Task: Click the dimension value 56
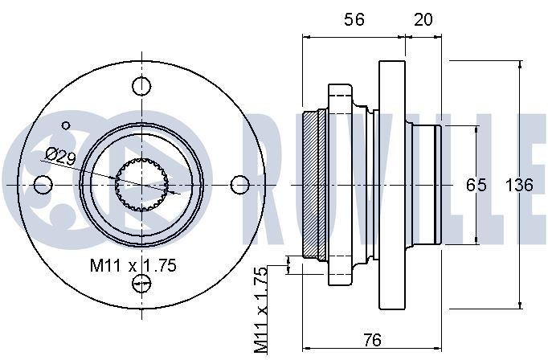(x=354, y=19)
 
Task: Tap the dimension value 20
(x=421, y=19)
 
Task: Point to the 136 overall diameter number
(x=518, y=185)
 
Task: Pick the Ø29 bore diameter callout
(x=60, y=155)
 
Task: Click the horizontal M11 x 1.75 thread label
(x=133, y=264)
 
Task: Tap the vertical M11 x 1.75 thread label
(x=262, y=309)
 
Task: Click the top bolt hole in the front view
(x=141, y=86)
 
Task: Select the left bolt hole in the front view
(x=43, y=185)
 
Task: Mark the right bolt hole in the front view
(x=239, y=185)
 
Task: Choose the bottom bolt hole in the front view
(x=141, y=282)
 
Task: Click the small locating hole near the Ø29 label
(x=67, y=125)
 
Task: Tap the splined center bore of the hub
(x=141, y=185)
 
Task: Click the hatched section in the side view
(x=312, y=185)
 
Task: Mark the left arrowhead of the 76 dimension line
(x=305, y=350)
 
